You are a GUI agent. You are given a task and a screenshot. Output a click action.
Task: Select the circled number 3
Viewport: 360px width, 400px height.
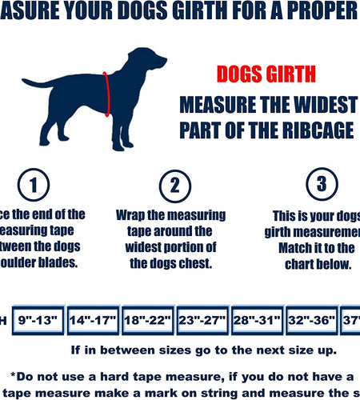pyautogui.click(x=321, y=185)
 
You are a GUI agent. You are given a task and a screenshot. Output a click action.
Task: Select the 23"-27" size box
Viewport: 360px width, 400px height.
pyautogui.click(x=202, y=321)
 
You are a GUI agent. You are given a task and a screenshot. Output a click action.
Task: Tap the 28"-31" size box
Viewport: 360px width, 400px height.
pyautogui.click(x=257, y=321)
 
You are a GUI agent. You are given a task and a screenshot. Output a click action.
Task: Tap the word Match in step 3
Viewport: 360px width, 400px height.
pyautogui.click(x=297, y=248)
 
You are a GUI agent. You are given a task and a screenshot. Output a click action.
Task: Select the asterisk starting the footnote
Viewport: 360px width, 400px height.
pyautogui.click(x=14, y=376)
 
